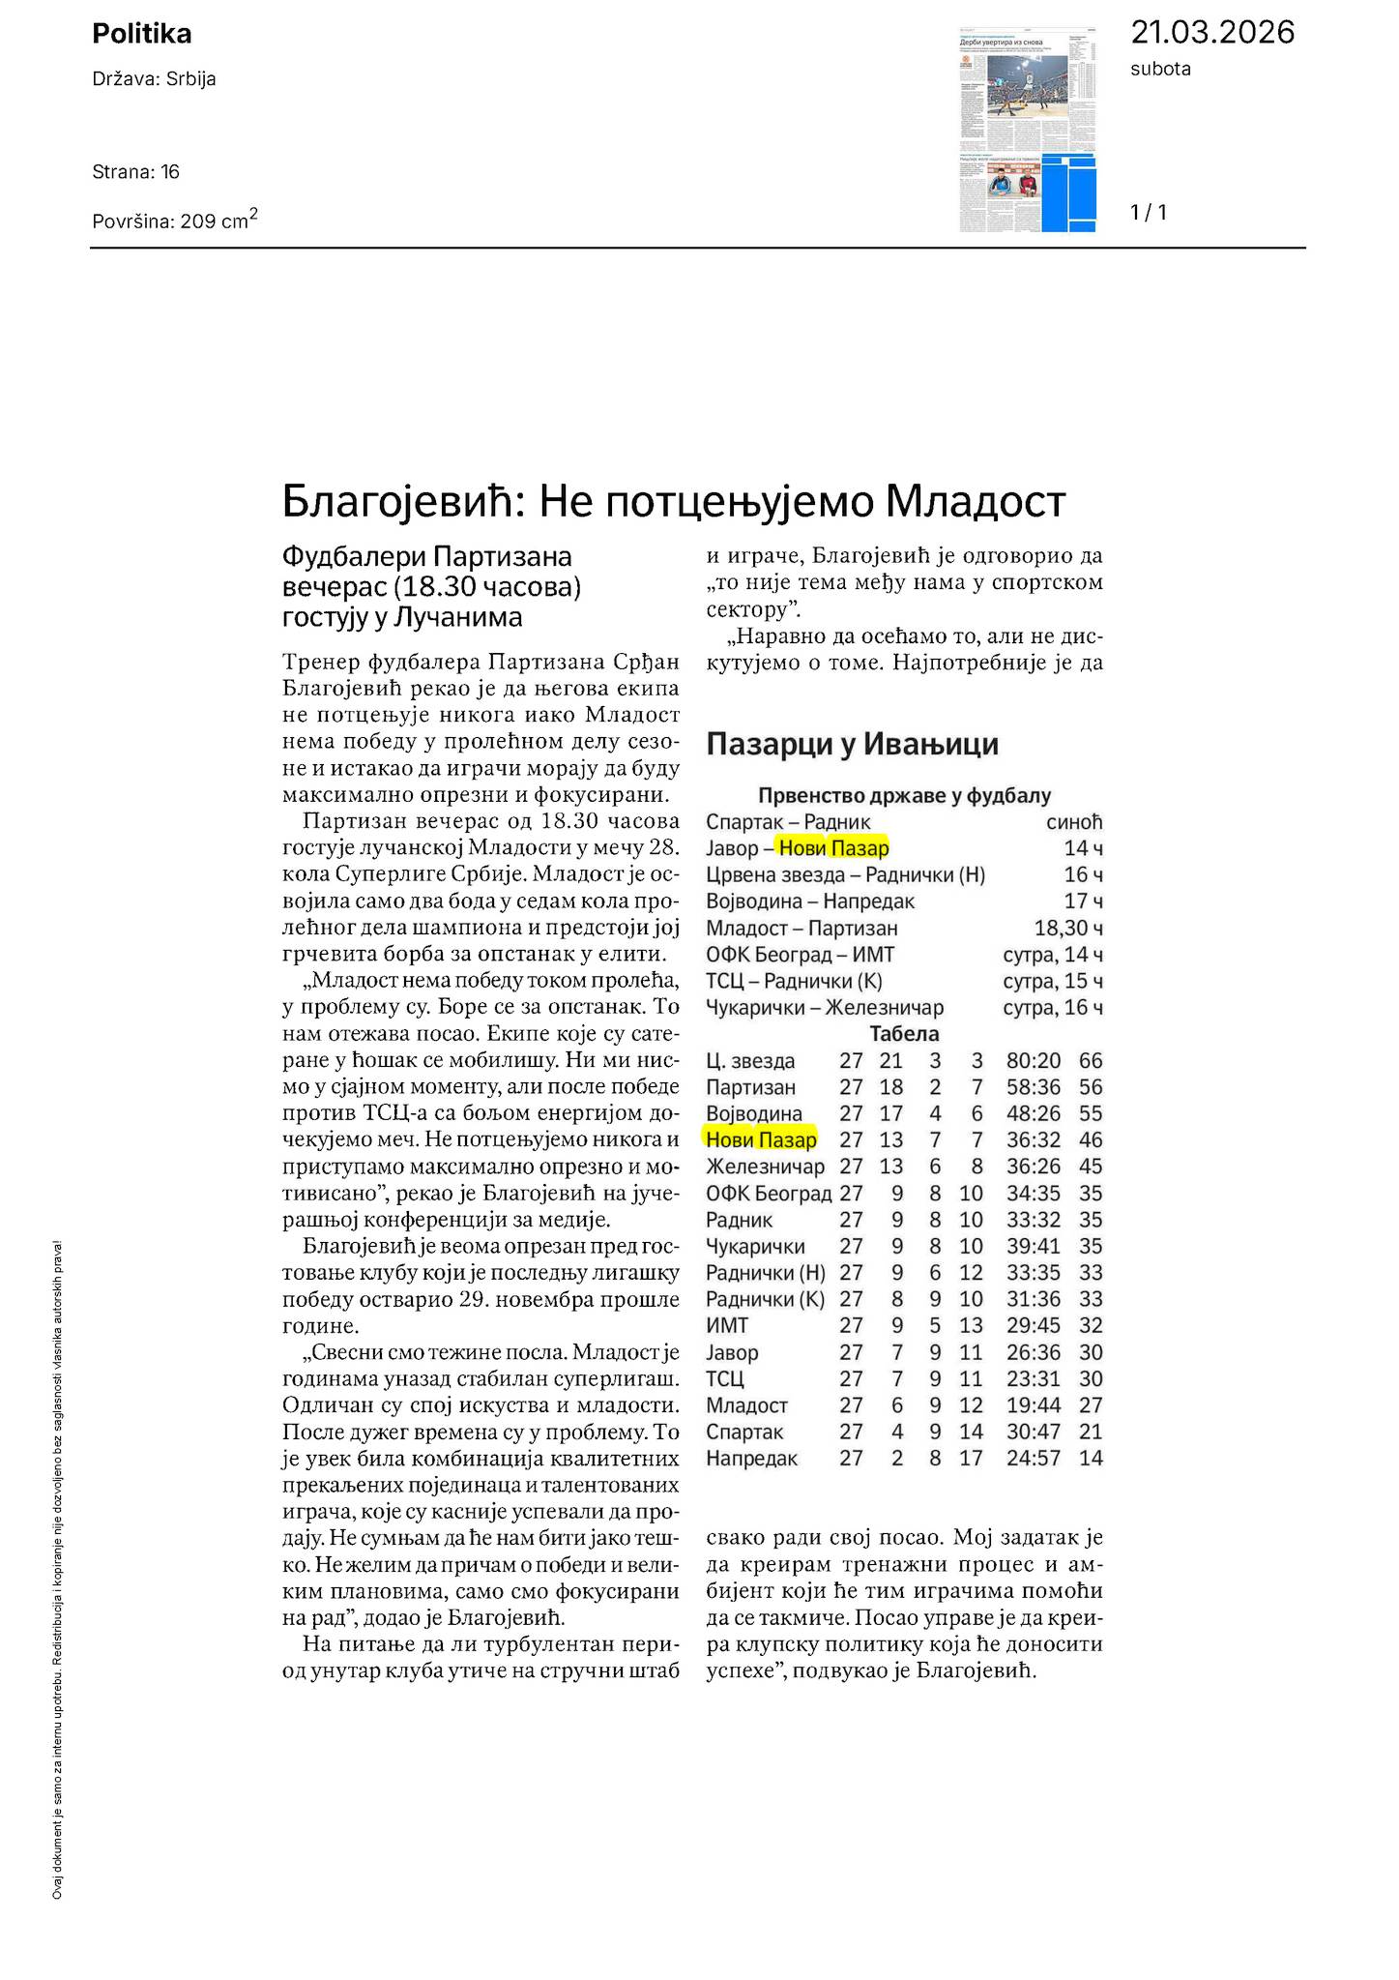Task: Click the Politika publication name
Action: pyautogui.click(x=141, y=34)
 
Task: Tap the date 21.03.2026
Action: pyautogui.click(x=1211, y=32)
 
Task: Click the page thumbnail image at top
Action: pyautogui.click(x=1028, y=130)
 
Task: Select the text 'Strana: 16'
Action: pyautogui.click(x=135, y=172)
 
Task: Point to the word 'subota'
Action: pyautogui.click(x=1160, y=69)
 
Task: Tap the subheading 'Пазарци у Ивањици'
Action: pyautogui.click(x=852, y=744)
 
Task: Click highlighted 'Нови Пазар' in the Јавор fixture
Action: pyautogui.click(x=833, y=848)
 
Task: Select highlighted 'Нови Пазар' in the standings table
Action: pyautogui.click(x=761, y=1139)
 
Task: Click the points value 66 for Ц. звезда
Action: pyautogui.click(x=1091, y=1061)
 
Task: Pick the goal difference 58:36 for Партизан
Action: pyautogui.click(x=1033, y=1087)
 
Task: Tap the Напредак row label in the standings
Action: pyautogui.click(x=751, y=1459)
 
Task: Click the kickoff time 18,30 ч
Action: pyautogui.click(x=1067, y=929)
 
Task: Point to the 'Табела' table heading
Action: pyautogui.click(x=903, y=1034)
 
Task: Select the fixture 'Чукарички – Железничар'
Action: pyautogui.click(x=824, y=1008)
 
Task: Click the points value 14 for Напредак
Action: pyautogui.click(x=1091, y=1459)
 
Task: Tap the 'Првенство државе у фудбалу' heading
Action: pyautogui.click(x=903, y=796)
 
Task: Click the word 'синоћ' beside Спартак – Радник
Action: pyautogui.click(x=1074, y=822)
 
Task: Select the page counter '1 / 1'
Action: pyautogui.click(x=1149, y=213)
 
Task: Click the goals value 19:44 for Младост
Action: pyautogui.click(x=1033, y=1405)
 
